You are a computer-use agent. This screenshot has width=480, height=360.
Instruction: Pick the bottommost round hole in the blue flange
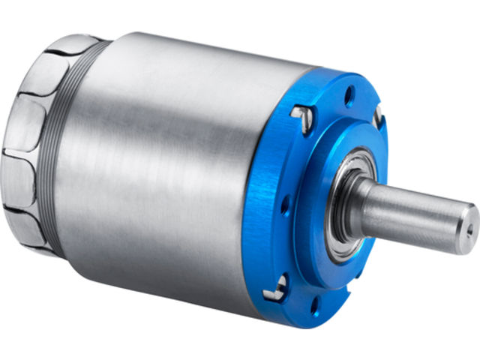311,302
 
